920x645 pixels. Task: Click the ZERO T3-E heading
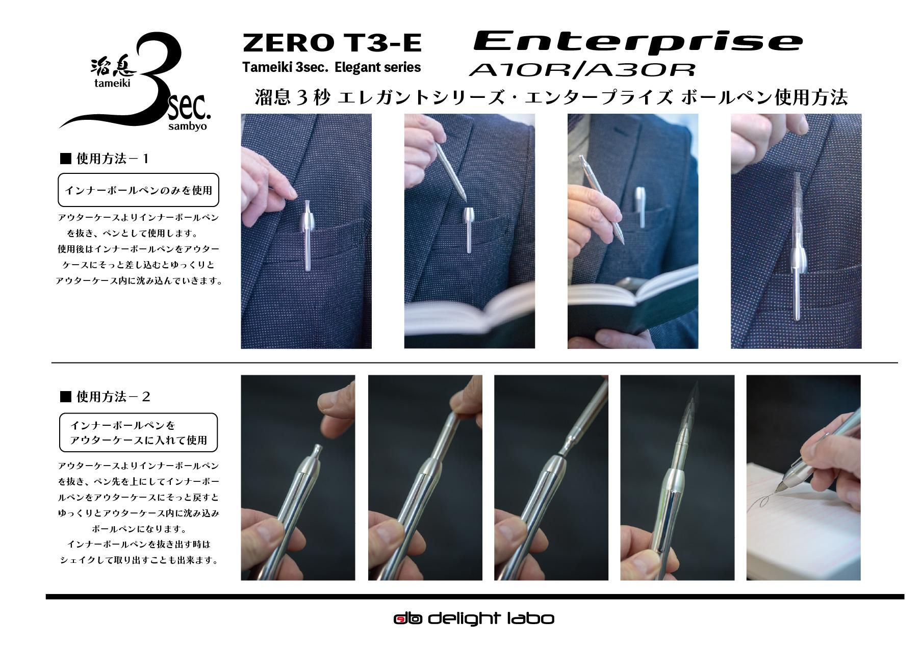click(332, 43)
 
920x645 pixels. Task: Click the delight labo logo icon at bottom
click(407, 619)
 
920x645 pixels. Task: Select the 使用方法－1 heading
click(105, 159)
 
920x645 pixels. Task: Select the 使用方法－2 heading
click(105, 396)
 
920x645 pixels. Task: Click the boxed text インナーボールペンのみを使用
click(139, 190)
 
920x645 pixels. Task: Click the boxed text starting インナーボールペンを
click(138, 432)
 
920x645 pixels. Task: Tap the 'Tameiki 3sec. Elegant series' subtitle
click(331, 67)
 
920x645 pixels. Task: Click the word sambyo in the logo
click(187, 126)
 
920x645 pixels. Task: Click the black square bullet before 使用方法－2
click(65, 396)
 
